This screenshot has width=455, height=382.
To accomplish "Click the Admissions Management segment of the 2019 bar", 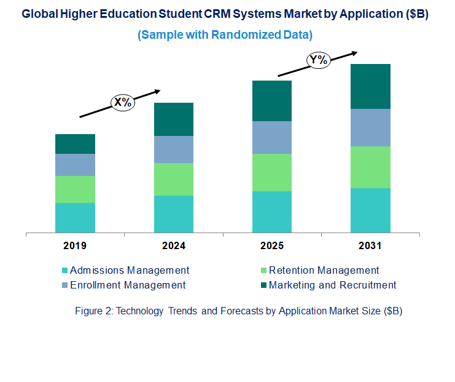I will (x=75, y=218).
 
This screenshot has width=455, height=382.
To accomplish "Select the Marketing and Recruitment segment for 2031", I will (x=370, y=86).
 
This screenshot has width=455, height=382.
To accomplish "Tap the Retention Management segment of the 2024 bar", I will (x=173, y=179).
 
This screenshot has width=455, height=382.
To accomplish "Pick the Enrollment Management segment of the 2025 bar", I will (x=272, y=137).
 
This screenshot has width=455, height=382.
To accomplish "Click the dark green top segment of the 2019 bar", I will (x=75, y=144).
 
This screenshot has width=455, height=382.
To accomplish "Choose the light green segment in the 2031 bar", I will (x=370, y=167).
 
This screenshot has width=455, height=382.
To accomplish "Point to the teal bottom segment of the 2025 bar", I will (x=272, y=212).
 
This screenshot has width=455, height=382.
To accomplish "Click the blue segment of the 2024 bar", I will (x=173, y=149).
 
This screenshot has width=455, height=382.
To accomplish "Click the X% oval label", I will (x=123, y=102).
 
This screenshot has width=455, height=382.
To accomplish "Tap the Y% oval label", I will (x=319, y=60).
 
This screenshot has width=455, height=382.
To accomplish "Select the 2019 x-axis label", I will (x=75, y=246).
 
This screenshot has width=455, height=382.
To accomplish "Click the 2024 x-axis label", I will (x=173, y=246).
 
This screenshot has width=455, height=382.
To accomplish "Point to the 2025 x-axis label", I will (x=272, y=246).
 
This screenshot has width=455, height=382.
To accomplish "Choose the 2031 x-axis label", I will (x=370, y=246).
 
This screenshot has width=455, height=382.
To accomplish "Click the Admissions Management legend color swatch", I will (x=64, y=271).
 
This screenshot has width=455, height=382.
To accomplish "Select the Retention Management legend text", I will (x=324, y=270).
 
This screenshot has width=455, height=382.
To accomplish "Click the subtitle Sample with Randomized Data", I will (x=225, y=34).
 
